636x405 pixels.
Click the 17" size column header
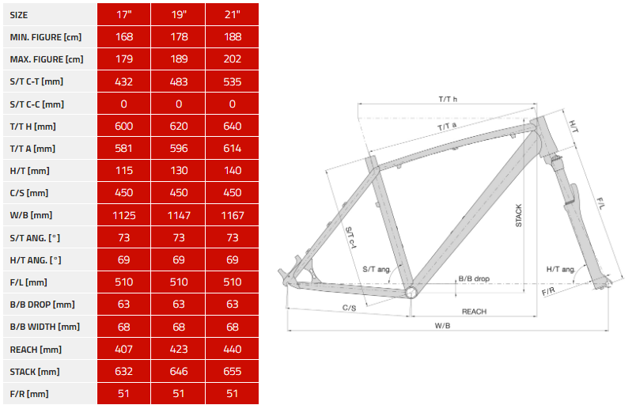[x=124, y=15]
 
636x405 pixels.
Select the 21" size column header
[x=233, y=15]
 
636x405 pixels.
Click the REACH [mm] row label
[x=36, y=350]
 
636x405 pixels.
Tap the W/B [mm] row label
[x=31, y=215]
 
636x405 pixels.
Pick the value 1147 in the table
[x=179, y=215]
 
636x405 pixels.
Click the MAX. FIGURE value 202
[x=233, y=59]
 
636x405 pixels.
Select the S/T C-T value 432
[x=123, y=82]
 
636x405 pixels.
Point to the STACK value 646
[x=179, y=371]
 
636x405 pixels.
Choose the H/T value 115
[x=123, y=171]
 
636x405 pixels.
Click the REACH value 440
[x=233, y=349]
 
